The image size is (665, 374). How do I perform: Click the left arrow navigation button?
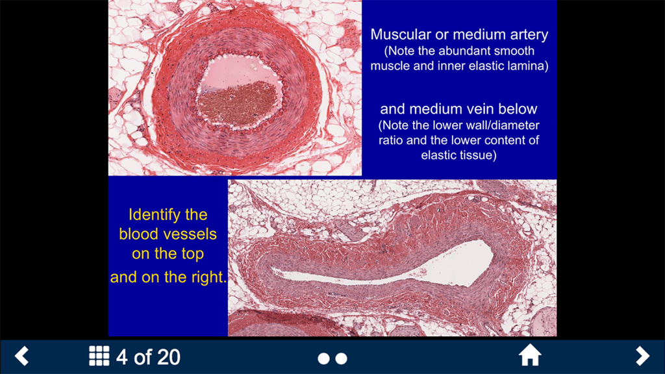coord(22,356)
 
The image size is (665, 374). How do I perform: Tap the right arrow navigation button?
coord(642,356)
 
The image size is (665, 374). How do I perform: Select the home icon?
coord(530,356)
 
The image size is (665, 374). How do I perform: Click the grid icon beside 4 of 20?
coord(99,356)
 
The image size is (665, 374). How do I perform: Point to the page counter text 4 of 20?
coord(148,356)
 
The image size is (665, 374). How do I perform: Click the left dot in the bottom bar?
coord(323,358)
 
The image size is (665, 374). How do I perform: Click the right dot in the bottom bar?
coord(342,358)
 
